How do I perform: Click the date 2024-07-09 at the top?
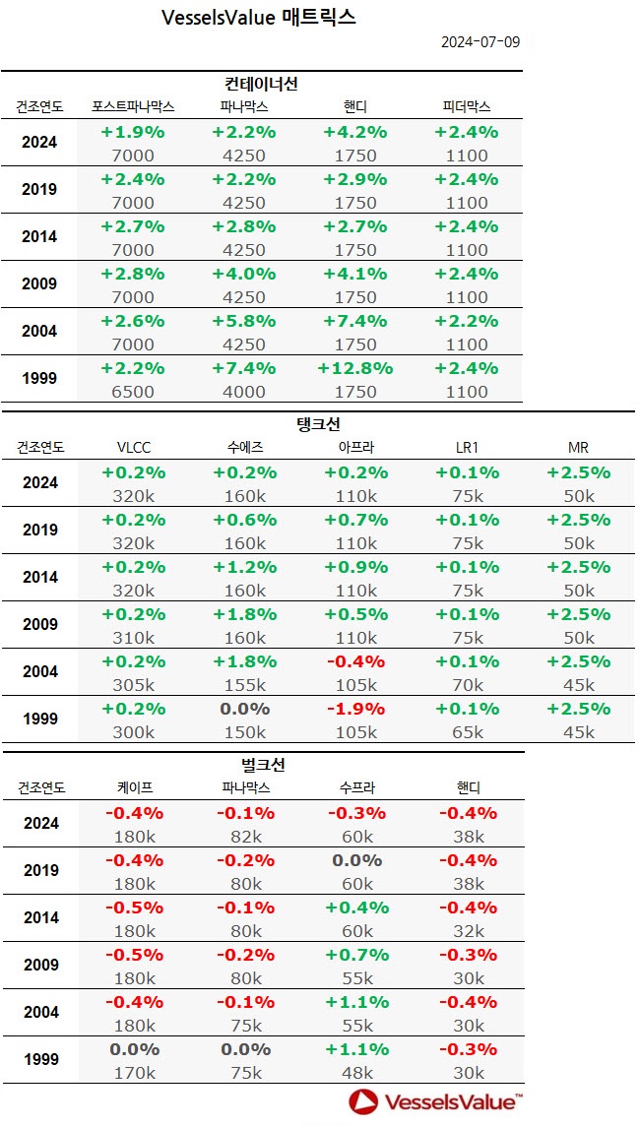click(480, 41)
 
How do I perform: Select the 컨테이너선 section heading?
click(262, 84)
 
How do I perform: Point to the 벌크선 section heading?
click(262, 765)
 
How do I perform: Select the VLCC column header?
click(133, 448)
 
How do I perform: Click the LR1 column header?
click(467, 448)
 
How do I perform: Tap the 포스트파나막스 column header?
click(133, 107)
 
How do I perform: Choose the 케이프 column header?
click(133, 788)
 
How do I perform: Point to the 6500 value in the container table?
click(133, 391)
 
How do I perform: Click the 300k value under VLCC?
click(133, 731)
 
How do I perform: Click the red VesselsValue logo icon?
click(363, 1101)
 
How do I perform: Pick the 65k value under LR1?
click(467, 731)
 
